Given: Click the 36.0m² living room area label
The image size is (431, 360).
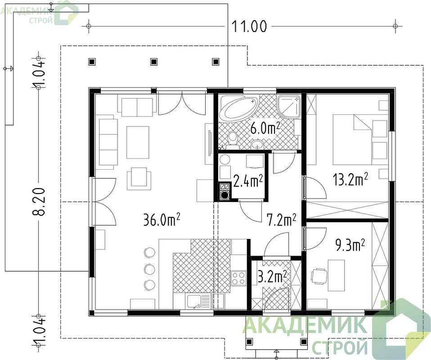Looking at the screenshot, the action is pos(162,220).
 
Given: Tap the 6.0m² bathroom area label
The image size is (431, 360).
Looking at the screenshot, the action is pos(265,128).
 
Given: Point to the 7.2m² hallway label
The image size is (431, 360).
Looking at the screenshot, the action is pos(281,220).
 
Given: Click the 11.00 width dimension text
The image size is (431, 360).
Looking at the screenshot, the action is pos(249,27).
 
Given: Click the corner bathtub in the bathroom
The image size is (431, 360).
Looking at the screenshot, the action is pos(238,108).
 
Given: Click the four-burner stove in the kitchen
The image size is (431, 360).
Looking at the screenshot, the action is pos(238,278).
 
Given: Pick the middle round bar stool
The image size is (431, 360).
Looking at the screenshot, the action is pos(149,268).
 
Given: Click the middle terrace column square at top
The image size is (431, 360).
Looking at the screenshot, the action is pos(154,61).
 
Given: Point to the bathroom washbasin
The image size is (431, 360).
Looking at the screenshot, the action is pos(258,144).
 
